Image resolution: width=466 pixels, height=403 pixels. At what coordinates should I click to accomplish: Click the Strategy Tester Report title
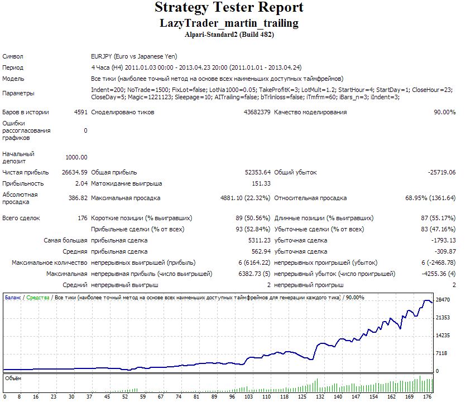[x=229, y=8]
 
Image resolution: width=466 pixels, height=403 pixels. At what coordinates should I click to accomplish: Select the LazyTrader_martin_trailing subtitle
[x=229, y=23]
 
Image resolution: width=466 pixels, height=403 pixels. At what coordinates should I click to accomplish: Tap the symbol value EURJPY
[x=102, y=56]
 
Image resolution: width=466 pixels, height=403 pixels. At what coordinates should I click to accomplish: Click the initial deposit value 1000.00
[x=76, y=157]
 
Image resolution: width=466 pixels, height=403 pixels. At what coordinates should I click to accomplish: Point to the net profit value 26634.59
[x=75, y=172]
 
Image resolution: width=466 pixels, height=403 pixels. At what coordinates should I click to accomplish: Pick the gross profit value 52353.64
[x=258, y=172]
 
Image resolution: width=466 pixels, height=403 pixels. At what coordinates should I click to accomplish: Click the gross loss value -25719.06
[x=441, y=172]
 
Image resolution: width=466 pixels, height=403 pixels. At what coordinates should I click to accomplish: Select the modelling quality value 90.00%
[x=445, y=112]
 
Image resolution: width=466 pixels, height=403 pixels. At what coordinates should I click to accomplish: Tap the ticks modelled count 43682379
[x=257, y=112]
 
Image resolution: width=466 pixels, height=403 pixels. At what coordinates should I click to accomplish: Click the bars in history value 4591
[x=81, y=112]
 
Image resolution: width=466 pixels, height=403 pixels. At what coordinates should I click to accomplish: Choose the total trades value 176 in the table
[x=83, y=218]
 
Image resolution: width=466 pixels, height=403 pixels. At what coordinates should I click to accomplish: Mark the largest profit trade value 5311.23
[x=260, y=240]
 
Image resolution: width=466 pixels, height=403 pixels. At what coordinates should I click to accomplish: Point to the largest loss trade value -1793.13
[x=444, y=240]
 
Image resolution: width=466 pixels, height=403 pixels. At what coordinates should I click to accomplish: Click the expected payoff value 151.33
[x=261, y=184]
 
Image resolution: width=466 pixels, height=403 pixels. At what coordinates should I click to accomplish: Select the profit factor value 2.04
[x=81, y=184]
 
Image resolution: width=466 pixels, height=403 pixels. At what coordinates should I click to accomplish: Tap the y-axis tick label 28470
[x=443, y=300]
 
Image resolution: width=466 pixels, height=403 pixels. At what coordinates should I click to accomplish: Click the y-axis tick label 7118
[x=441, y=353]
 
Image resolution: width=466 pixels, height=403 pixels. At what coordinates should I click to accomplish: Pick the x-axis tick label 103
[x=248, y=397]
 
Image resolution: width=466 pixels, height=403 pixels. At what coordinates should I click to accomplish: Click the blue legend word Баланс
[x=13, y=298]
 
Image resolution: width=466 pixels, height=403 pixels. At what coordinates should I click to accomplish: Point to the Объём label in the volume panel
[x=13, y=378]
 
